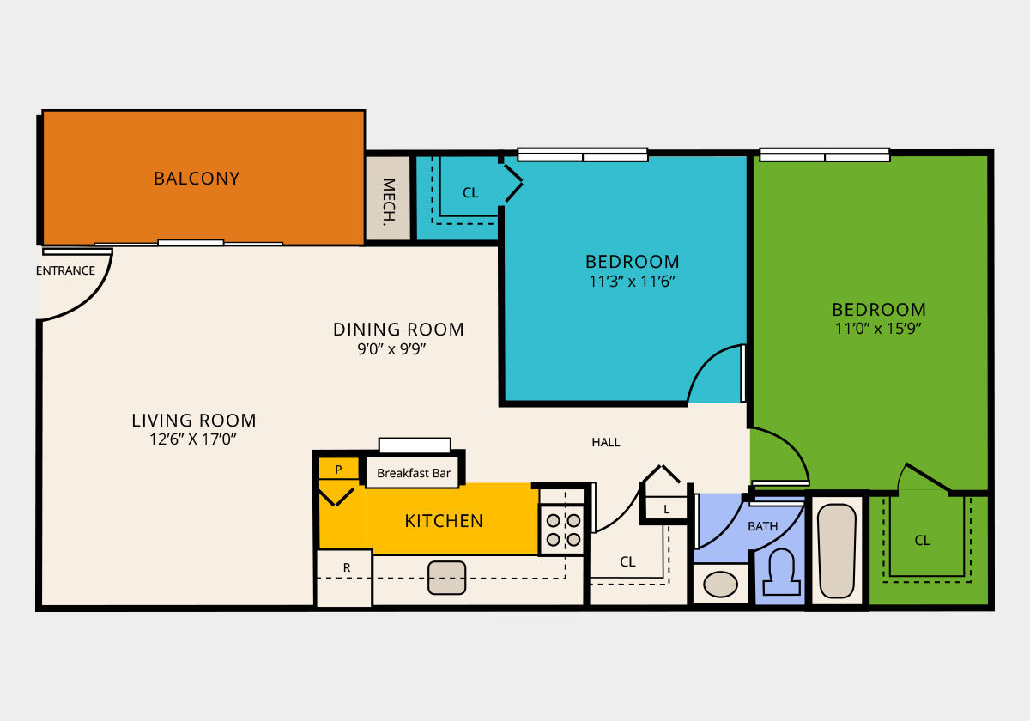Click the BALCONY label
pos(197,179)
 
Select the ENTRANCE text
pos(66,270)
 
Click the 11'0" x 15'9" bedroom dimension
pos(879,328)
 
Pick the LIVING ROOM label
pos(194,421)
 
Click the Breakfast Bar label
pos(414,473)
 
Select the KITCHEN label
pos(444,521)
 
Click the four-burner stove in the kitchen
pos(563,530)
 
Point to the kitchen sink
pos(446,578)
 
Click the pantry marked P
pos(338,470)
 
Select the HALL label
pos(606,442)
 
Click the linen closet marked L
pos(667,509)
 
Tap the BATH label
pos(762,526)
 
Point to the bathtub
pos(836,550)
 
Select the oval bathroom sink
pos(720,585)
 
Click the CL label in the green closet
pos(922,541)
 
